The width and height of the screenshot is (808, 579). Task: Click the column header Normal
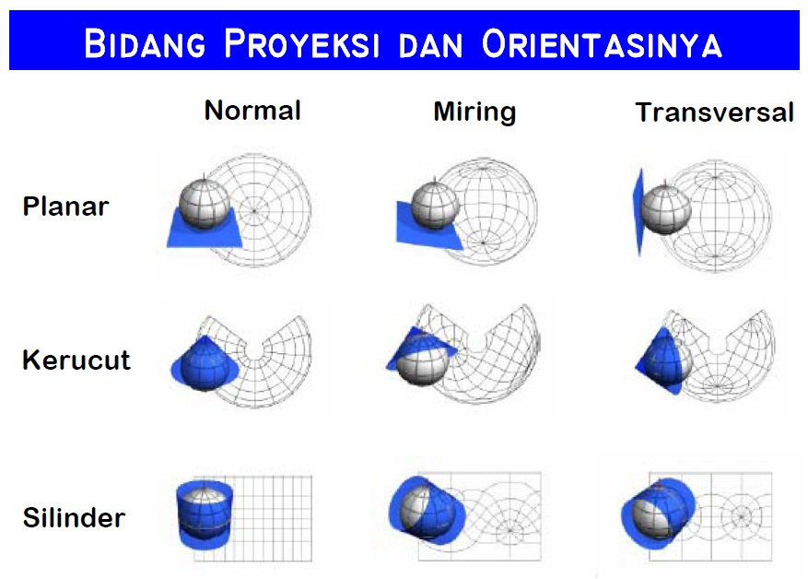click(252, 111)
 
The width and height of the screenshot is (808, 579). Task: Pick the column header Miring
click(474, 112)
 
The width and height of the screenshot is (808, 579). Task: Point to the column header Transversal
click(714, 112)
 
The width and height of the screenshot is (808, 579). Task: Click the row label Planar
click(65, 207)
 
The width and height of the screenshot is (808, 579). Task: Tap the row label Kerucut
click(76, 360)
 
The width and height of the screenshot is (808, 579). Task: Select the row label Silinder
click(73, 516)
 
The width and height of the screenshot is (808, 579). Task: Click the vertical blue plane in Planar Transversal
click(638, 214)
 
